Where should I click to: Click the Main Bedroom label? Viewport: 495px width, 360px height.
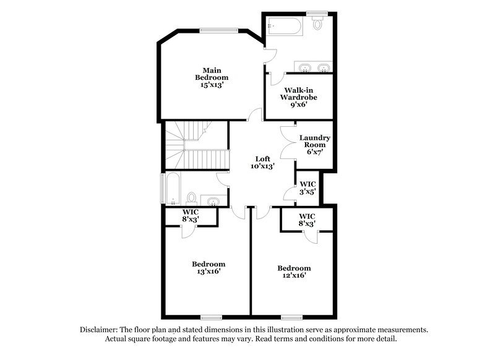tap(212, 74)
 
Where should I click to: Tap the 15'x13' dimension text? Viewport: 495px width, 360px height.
tap(212, 85)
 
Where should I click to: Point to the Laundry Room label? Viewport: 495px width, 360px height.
tap(314, 142)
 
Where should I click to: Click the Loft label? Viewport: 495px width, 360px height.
tap(263, 158)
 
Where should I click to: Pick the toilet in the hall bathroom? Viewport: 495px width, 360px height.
tap(192, 198)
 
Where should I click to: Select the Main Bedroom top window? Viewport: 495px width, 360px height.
tap(218, 28)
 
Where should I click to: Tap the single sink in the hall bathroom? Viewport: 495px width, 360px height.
tap(214, 200)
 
